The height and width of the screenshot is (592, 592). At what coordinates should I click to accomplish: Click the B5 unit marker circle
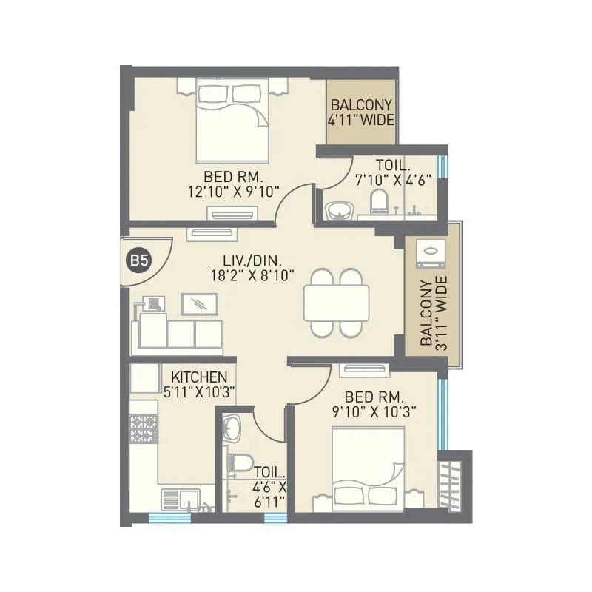(137, 260)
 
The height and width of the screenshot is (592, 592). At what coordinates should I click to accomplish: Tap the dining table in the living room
(336, 303)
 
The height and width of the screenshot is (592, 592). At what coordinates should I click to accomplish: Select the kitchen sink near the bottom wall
(177, 499)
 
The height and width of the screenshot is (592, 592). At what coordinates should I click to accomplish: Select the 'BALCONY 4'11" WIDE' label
(362, 113)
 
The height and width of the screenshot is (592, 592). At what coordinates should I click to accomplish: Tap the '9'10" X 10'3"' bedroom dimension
(374, 411)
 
